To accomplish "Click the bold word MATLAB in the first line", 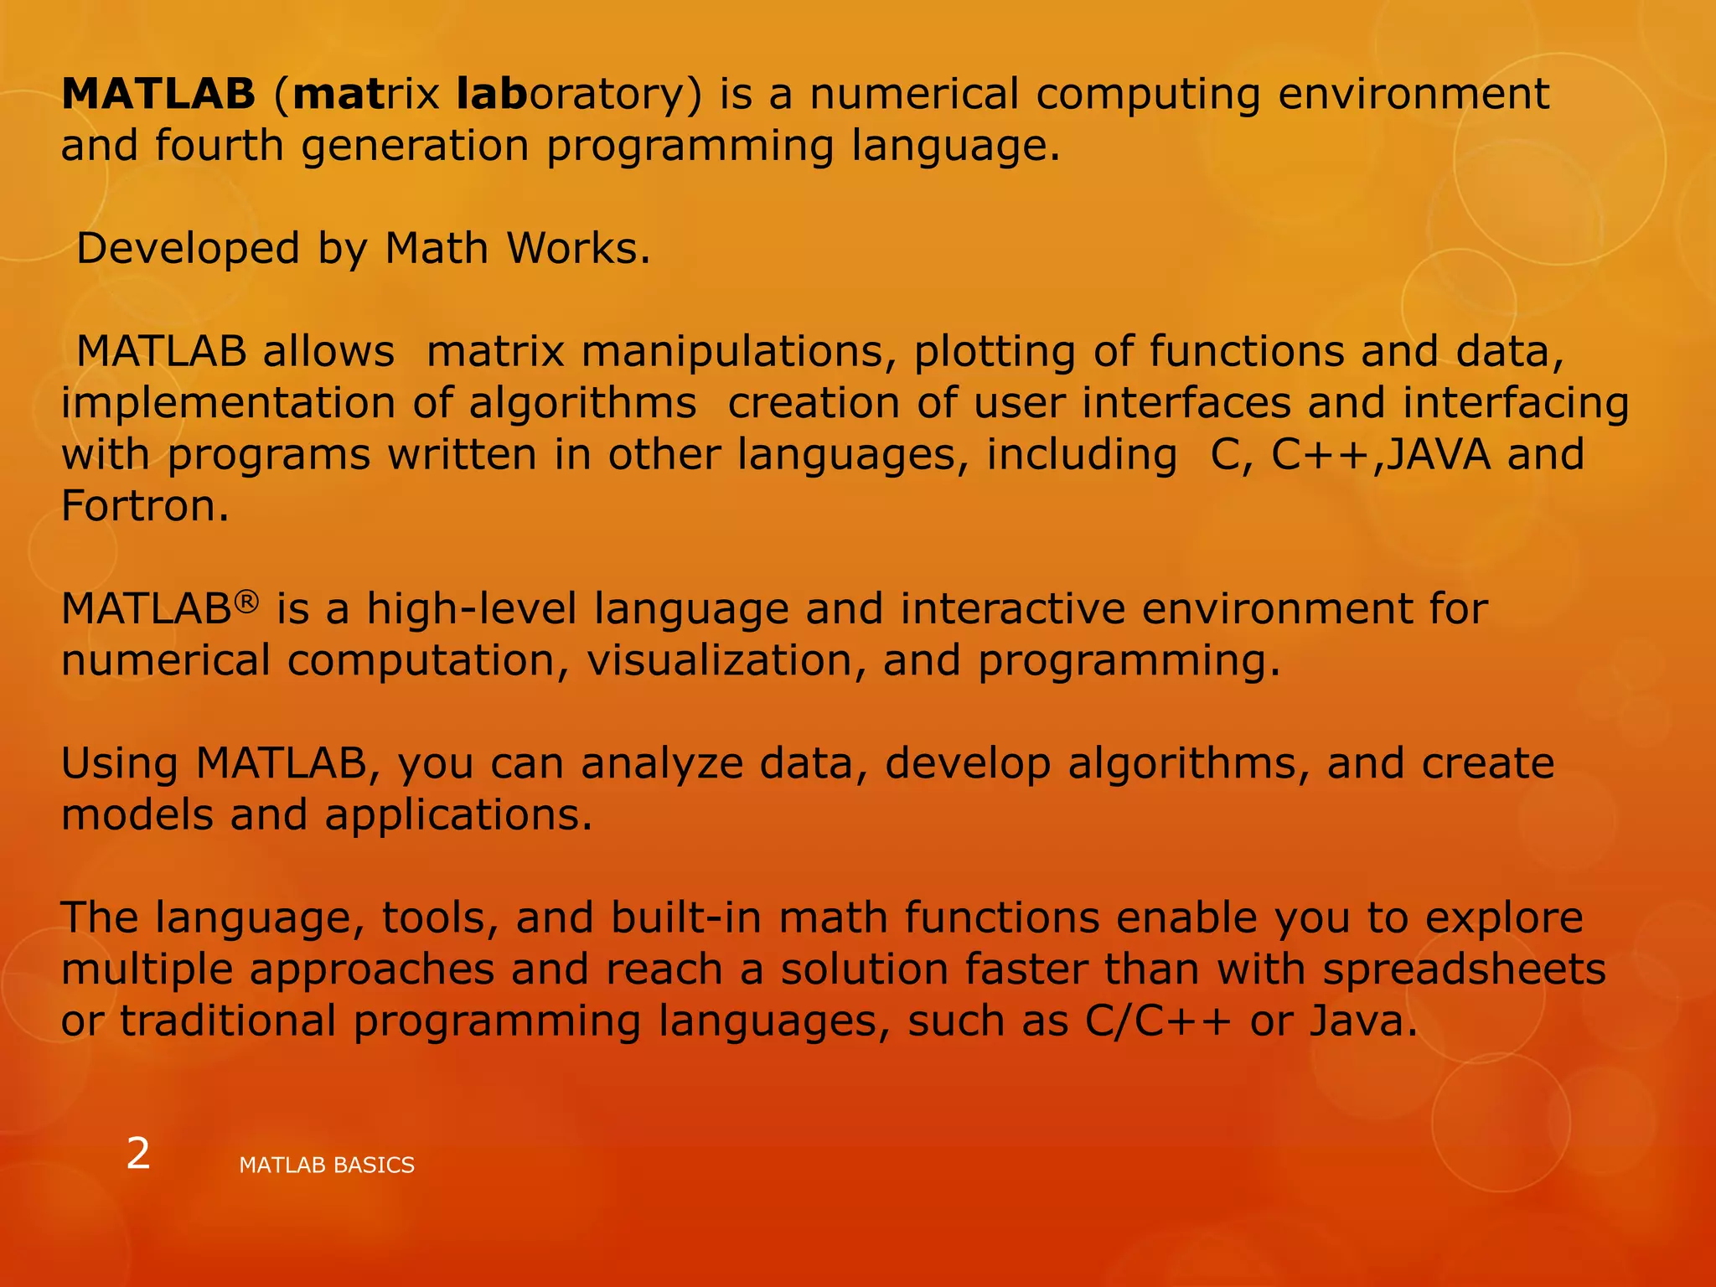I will pyautogui.click(x=158, y=94).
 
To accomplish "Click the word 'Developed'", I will pyautogui.click(x=188, y=249).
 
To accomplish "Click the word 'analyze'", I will pyautogui.click(x=662, y=764).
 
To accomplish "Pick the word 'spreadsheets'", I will pyautogui.click(x=1464, y=969).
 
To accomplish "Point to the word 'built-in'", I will pyautogui.click(x=686, y=918).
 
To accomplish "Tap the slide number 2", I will pyautogui.click(x=138, y=1155).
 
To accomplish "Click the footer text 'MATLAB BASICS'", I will pyautogui.click(x=327, y=1166).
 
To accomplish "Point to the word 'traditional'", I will pyautogui.click(x=228, y=1021).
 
